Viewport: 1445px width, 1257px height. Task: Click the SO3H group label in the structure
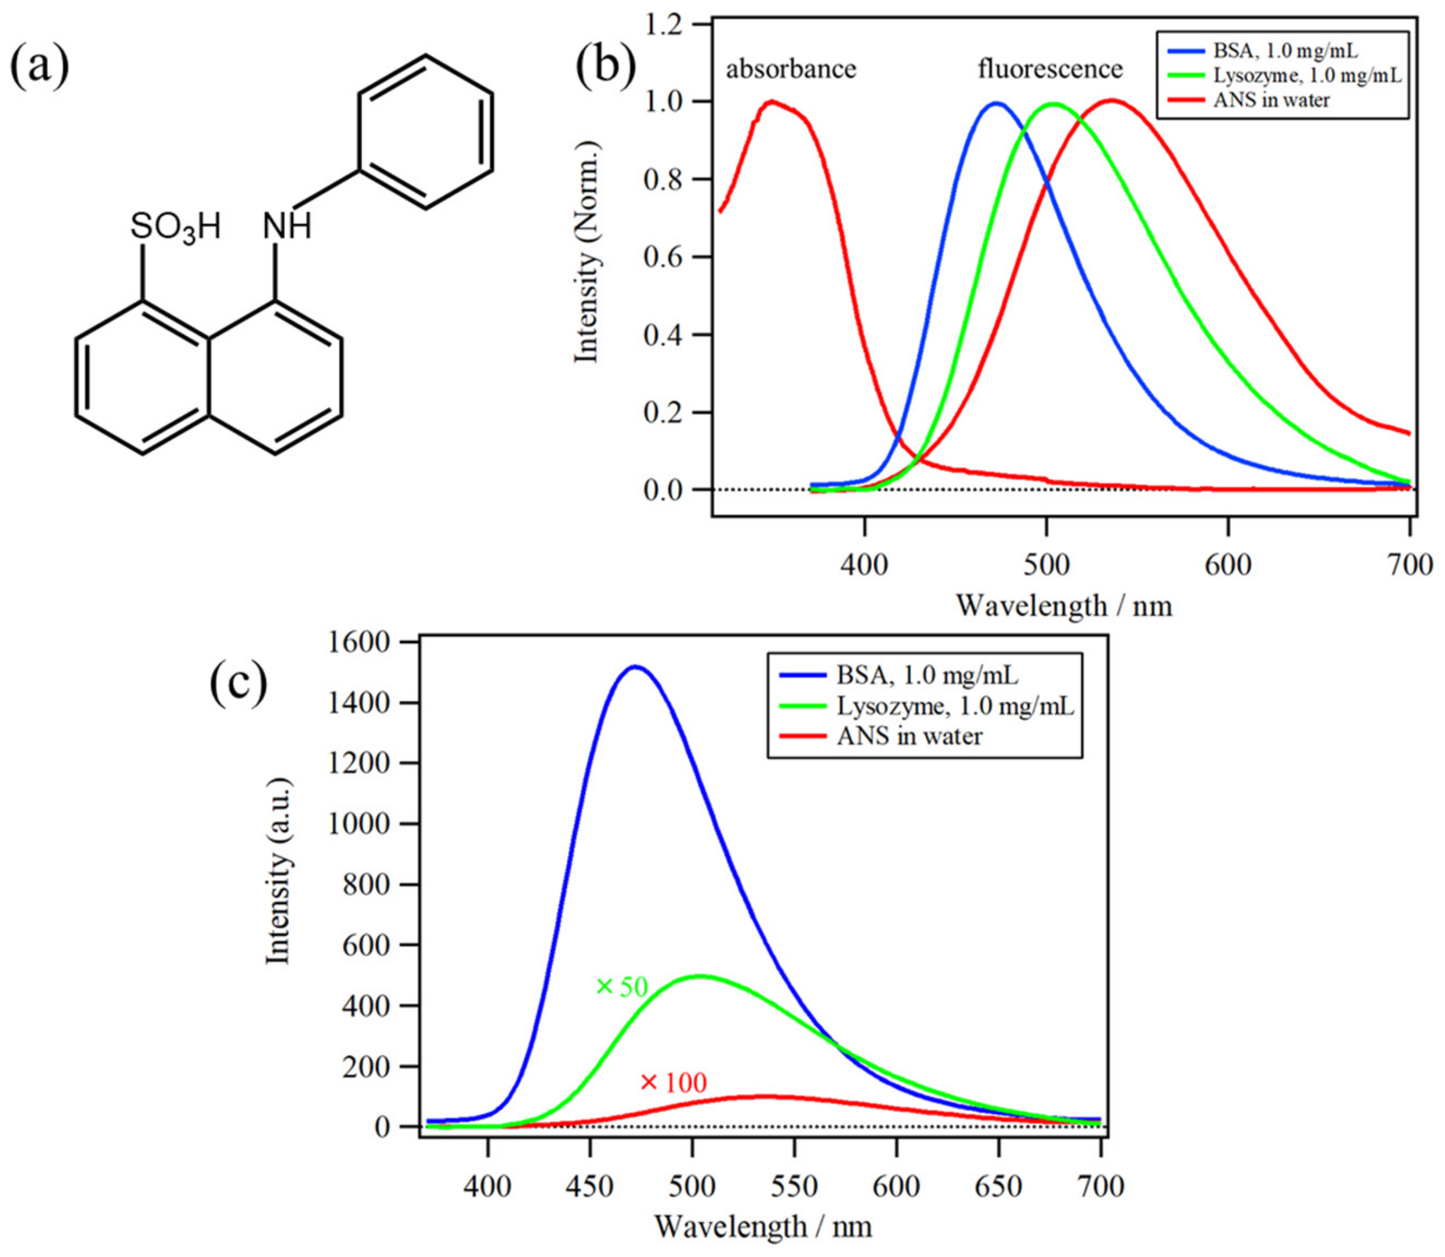(x=175, y=227)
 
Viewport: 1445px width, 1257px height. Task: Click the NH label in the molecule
(x=287, y=227)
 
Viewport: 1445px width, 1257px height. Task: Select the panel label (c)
(x=238, y=683)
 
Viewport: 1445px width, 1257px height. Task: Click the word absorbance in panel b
(x=791, y=69)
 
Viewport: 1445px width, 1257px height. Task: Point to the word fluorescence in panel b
(x=1050, y=69)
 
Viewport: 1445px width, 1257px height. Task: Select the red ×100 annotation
(x=673, y=1083)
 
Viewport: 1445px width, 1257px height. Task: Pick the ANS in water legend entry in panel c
(x=909, y=736)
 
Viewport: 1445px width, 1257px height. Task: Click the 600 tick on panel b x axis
(x=1228, y=564)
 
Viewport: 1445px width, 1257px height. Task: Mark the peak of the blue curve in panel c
(x=635, y=666)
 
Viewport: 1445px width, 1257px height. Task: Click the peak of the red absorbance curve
(x=772, y=101)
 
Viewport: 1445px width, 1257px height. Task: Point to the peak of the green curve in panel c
(x=701, y=976)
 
